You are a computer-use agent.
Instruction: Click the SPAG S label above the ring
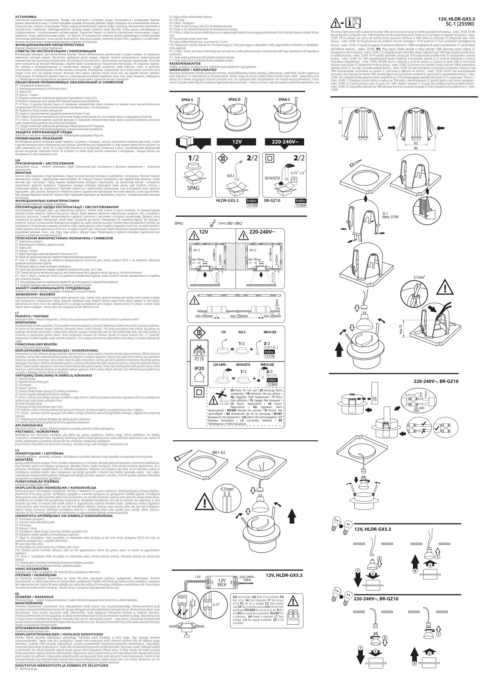pos(187,100)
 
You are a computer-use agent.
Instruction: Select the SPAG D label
pos(234,99)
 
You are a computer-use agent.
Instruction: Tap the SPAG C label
pos(284,99)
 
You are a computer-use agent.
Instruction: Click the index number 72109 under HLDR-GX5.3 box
pos(252,206)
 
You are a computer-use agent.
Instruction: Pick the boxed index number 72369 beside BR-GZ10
pos(301,206)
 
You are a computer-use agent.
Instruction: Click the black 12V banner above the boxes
pos(237,142)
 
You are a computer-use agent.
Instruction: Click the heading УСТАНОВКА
pos(26,16)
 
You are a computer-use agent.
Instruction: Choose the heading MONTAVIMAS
pos(26,322)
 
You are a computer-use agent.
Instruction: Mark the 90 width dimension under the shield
pos(416,148)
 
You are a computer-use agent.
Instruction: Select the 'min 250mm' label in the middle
pos(239,316)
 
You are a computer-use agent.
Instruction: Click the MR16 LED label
pos(270,332)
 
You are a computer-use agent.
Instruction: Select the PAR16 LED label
pos(267,365)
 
